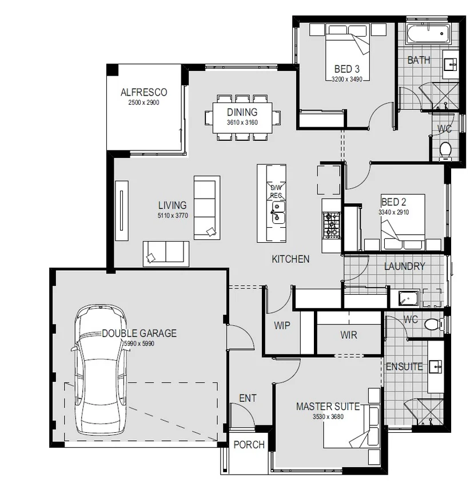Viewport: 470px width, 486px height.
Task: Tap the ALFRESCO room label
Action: point(144,92)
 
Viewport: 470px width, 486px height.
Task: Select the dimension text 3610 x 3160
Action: point(242,123)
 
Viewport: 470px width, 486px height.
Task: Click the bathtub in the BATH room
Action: point(428,34)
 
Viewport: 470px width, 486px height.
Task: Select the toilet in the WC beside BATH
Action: point(445,150)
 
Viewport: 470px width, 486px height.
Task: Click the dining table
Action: point(242,118)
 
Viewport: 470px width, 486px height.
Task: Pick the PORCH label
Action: point(249,445)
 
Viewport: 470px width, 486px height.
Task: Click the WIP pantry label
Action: point(282,326)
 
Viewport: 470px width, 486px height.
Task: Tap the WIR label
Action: point(349,335)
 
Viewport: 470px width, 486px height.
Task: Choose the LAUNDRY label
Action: point(404,266)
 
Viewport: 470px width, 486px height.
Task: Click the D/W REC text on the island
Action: point(276,192)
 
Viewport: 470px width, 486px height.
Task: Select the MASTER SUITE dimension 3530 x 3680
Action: point(328,417)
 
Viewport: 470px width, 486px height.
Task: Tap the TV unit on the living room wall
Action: point(122,211)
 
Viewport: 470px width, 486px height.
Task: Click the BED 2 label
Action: point(393,202)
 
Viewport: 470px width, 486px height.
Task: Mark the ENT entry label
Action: point(248,398)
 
